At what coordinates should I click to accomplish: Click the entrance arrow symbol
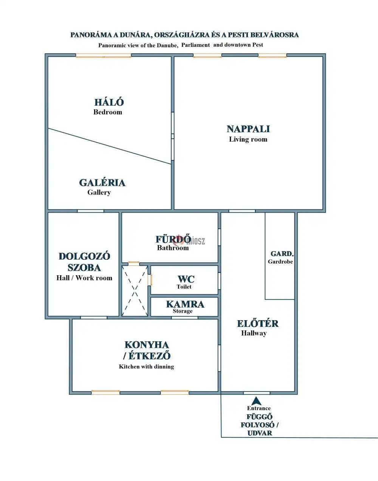[x=256, y=401]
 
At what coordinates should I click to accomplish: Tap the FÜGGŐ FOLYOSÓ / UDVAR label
[x=259, y=425]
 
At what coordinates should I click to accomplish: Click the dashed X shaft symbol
[x=135, y=291]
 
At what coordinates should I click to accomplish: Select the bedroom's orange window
[x=104, y=56]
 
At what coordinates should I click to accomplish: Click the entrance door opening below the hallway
[x=257, y=393]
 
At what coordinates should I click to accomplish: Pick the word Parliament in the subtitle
[x=195, y=45]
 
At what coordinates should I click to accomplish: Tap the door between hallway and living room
[x=242, y=211]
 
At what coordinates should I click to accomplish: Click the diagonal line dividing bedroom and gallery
[x=110, y=146]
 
